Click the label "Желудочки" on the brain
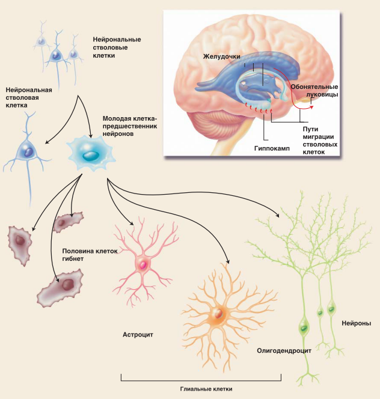[x=222, y=56]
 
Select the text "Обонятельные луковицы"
[x=314, y=91]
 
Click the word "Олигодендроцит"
[x=282, y=350]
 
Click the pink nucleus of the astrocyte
[x=142, y=264]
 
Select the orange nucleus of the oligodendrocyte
[x=217, y=313]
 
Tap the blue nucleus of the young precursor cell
[x=91, y=154]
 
